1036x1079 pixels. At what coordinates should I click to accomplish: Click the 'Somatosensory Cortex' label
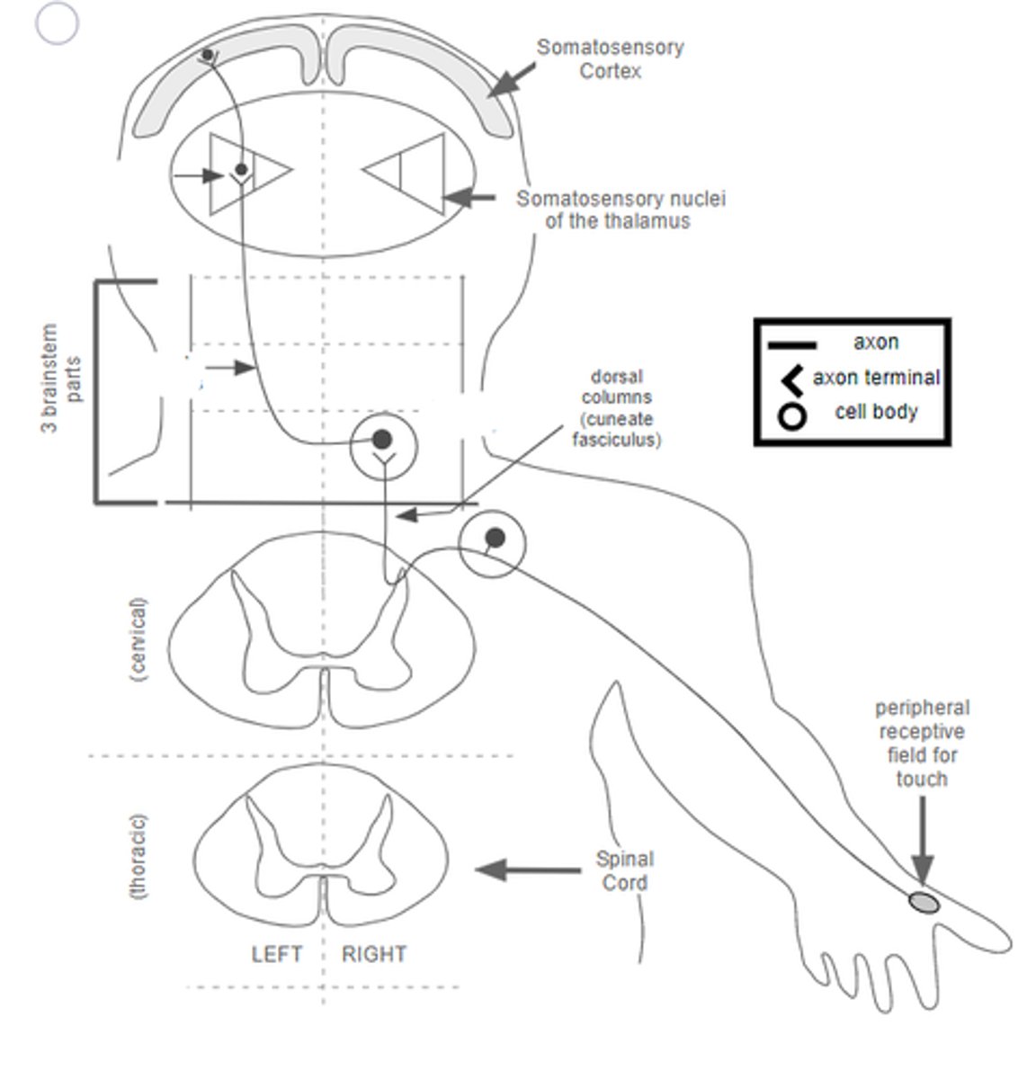610,58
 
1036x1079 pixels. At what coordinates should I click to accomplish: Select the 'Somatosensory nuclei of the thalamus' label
620,210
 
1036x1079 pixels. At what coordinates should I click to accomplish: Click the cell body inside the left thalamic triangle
241,169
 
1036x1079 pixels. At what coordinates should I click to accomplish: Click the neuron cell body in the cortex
208,56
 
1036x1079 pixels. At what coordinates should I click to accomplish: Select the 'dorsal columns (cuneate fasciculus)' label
616,407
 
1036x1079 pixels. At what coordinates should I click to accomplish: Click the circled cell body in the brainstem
382,439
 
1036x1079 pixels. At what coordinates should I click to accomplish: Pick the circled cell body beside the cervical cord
494,539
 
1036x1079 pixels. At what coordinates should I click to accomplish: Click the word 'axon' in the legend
875,342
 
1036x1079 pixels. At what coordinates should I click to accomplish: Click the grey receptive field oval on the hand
924,901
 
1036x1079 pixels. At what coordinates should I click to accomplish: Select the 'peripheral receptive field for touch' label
922,744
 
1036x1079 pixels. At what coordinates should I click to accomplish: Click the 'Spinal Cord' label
624,870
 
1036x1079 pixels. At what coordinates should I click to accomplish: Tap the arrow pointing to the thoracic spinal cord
527,869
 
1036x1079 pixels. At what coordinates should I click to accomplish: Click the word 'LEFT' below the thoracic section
276,953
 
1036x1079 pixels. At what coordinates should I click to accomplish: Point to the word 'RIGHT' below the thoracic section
373,953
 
